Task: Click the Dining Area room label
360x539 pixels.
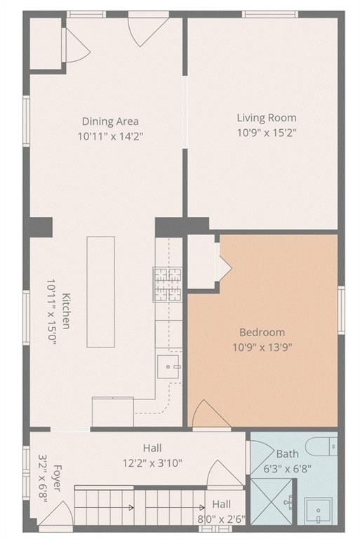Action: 110,121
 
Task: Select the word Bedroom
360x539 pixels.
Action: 262,332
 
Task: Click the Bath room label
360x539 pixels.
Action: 287,454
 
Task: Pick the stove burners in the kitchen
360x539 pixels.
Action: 168,284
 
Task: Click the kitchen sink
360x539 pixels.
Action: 169,366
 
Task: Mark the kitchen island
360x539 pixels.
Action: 100,291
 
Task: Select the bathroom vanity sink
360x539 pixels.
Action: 320,511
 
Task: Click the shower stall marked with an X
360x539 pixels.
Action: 272,501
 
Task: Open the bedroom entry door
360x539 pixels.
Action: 209,415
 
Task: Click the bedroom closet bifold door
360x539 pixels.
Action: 223,267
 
